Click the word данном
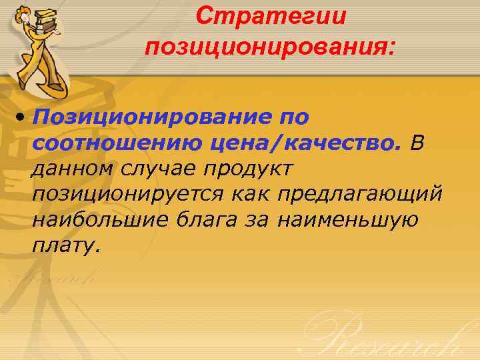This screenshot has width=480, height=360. (73, 167)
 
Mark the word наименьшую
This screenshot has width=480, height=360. (347, 219)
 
